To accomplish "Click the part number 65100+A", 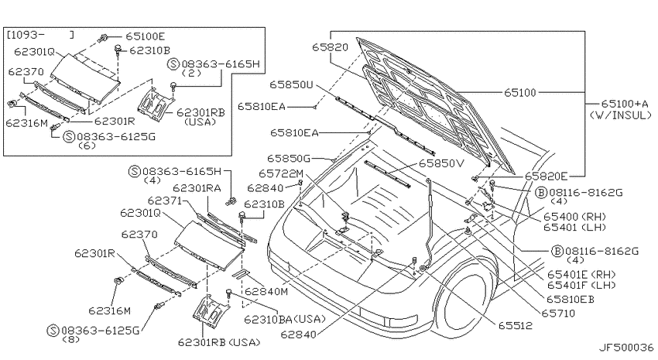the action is click(625, 104).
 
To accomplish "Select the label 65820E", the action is click(546, 177).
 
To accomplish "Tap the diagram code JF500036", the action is click(625, 348).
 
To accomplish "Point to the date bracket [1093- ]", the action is click(40, 34).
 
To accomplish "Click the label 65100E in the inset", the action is click(146, 36).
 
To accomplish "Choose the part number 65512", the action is click(516, 325).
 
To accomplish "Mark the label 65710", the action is click(558, 313).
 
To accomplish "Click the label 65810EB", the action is click(571, 299).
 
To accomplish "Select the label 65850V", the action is click(441, 163).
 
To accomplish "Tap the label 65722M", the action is click(281, 173).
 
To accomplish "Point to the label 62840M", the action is click(266, 291).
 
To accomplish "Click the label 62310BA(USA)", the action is click(285, 319).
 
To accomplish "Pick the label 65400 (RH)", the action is click(574, 217).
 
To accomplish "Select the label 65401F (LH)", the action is click(581, 285).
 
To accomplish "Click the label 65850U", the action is click(291, 84).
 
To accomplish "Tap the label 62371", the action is click(164, 201).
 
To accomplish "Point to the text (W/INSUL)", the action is click(621, 115).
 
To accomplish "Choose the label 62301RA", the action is click(197, 188).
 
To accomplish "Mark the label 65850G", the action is click(289, 159).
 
